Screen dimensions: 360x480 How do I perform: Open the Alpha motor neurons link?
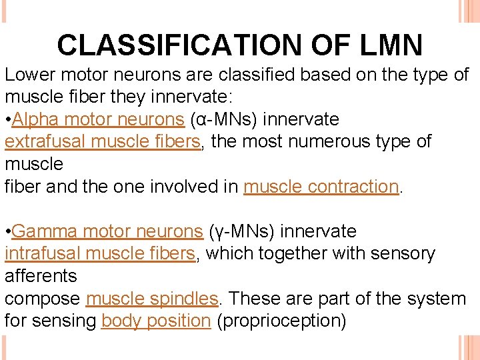pos(98,120)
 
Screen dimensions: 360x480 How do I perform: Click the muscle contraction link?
pos(321,187)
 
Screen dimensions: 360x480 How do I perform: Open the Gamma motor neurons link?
pos(107,231)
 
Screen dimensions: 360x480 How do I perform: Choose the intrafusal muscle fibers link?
pos(100,254)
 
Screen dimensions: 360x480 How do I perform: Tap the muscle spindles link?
pos(152,299)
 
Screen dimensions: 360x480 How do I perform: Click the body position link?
pos(156,321)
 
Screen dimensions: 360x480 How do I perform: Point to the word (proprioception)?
pos(282,321)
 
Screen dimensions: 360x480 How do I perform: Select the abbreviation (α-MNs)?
pos(227,120)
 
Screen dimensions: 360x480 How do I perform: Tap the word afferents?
pos(41,276)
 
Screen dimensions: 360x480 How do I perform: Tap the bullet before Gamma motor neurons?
pos(8,232)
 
